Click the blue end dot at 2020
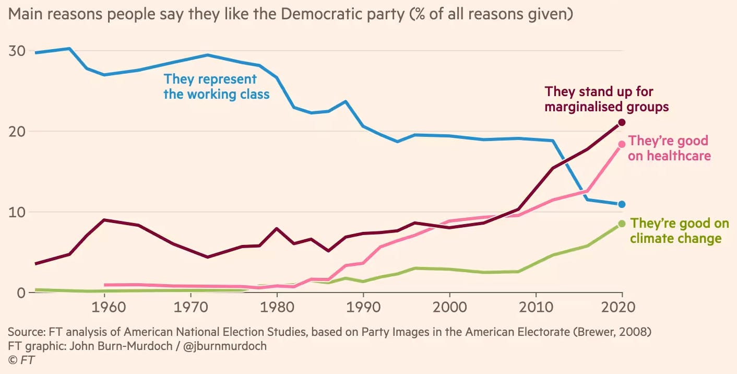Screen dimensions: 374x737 pos(622,204)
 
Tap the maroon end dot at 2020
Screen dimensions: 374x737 pos(622,122)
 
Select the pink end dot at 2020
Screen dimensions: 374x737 pos(622,144)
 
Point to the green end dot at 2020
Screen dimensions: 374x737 pos(622,224)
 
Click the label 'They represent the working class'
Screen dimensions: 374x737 pos(216,87)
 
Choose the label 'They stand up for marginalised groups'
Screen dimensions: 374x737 pos(607,99)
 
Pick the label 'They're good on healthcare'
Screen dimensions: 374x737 pos(669,148)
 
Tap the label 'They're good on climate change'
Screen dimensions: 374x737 pos(679,231)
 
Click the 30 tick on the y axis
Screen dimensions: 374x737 pos(18,51)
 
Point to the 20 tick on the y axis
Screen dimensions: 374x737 pos(18,131)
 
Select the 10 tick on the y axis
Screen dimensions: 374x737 pos(18,212)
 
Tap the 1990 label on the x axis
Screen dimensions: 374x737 pos(363,306)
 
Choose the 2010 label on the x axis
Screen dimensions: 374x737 pos(536,306)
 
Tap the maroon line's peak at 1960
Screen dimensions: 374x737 pos(105,220)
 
